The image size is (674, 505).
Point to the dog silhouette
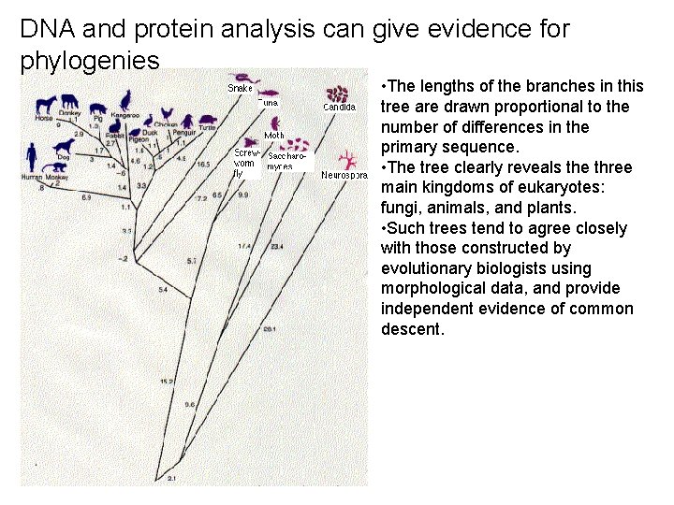pos(64,146)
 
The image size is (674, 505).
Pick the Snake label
pos(241,88)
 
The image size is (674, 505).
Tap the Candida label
pos(339,107)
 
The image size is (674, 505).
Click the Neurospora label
pos(344,175)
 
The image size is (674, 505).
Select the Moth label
pos(274,136)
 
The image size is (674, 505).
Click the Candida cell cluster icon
pos(338,94)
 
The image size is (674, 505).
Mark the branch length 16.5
pos(203,164)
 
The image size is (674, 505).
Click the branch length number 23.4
pos(277,247)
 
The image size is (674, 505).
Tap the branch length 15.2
pos(167,382)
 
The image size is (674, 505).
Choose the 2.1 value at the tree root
pos(171,478)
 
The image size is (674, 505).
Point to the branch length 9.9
pos(243,195)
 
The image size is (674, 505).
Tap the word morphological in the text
pos(429,289)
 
